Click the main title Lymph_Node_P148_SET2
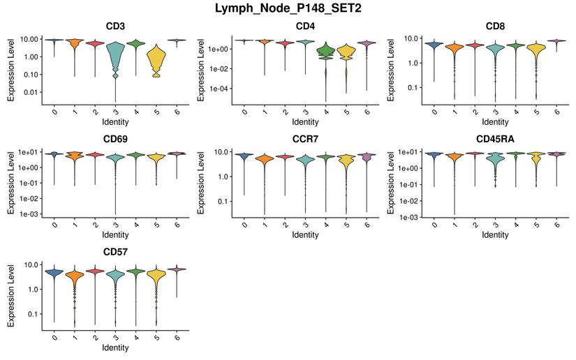tap(288, 9)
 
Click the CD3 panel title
tap(115, 27)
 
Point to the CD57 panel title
tap(115, 252)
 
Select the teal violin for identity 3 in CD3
tap(116, 56)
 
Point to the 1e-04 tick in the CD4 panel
tap(223, 89)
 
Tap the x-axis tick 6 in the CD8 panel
tap(557, 112)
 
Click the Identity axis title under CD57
tap(115, 347)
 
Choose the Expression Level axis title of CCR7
tap(202, 181)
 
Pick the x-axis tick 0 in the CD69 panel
tap(54, 224)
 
